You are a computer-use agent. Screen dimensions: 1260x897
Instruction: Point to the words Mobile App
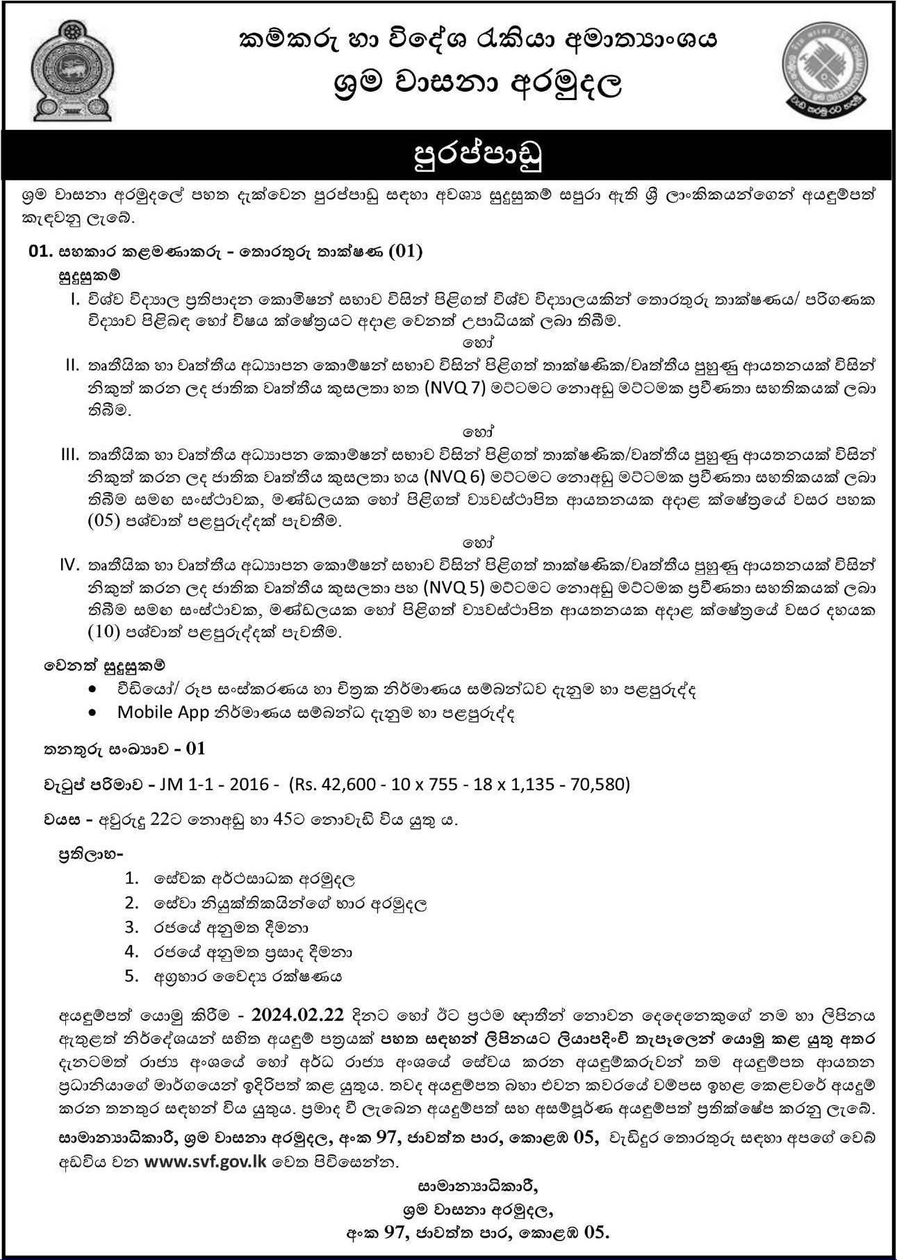[x=163, y=712]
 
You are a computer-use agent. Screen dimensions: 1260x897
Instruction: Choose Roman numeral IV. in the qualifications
[x=72, y=564]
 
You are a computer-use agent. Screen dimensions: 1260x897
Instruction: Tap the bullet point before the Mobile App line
[x=94, y=713]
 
